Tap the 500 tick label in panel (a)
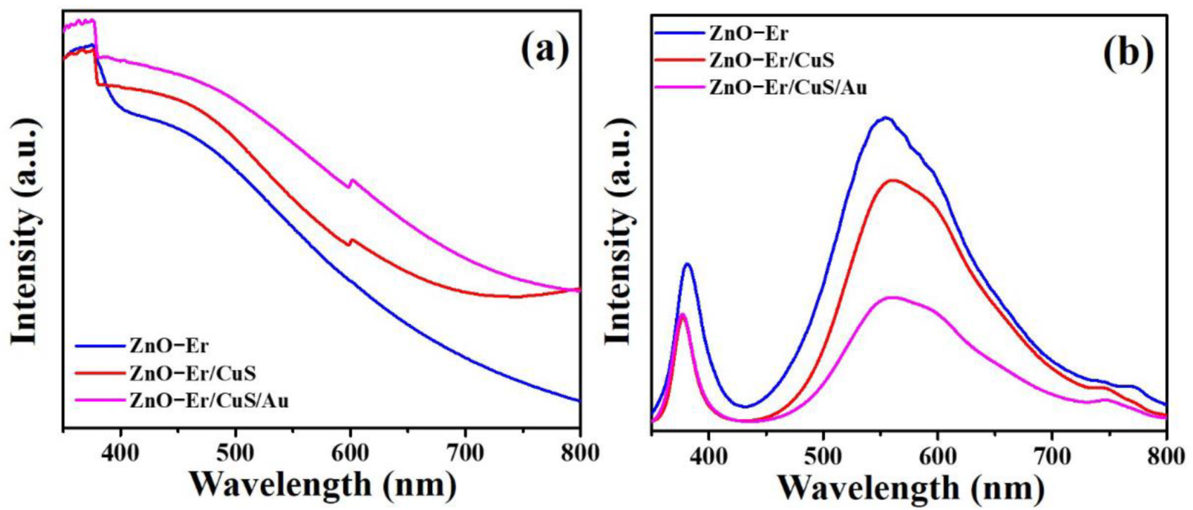coord(235,452)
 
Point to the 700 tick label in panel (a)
coord(465,452)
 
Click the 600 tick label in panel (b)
coord(938,454)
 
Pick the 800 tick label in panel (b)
coord(1165,454)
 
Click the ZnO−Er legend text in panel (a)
coord(169,345)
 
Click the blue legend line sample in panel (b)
coord(678,32)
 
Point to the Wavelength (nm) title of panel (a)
coord(323,485)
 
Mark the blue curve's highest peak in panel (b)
coord(885,118)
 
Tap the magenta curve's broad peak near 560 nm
coord(892,297)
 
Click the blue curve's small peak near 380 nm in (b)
coord(688,264)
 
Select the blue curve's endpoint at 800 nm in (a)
coord(579,400)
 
